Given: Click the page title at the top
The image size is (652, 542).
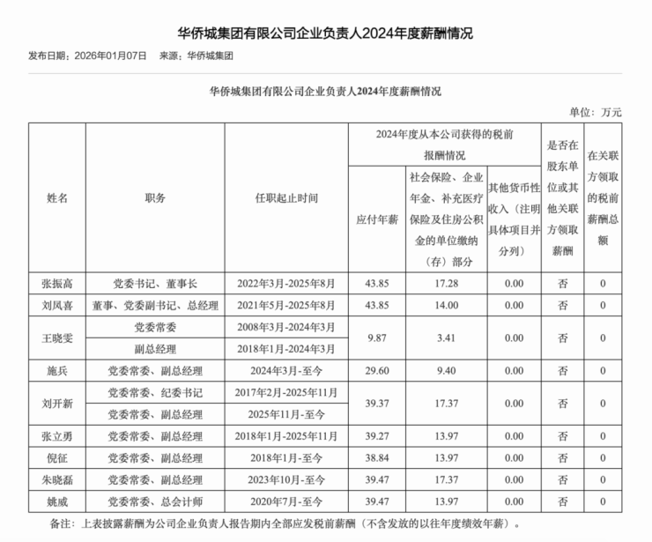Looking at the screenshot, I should click(325, 34).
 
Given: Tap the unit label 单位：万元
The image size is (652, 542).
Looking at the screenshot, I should click(596, 113).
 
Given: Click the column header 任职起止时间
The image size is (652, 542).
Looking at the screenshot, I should click(286, 198).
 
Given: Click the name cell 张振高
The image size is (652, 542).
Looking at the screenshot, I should click(57, 284).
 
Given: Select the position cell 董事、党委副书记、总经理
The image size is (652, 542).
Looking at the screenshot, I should click(155, 306).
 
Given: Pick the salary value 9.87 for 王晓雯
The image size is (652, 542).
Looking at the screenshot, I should click(376, 338).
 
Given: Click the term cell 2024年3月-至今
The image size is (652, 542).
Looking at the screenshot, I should click(286, 370).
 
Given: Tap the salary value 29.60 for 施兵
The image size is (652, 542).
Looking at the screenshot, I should click(376, 370).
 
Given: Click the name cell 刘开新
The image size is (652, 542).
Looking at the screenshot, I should click(57, 403).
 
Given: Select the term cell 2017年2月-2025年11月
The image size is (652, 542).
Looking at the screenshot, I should click(286, 392).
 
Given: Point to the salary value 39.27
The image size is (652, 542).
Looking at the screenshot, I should click(376, 435).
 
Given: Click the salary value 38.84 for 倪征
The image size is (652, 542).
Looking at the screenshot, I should click(376, 457).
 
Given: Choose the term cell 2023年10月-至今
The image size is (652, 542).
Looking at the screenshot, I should click(286, 479).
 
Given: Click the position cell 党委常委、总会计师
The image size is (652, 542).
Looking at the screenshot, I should click(155, 501).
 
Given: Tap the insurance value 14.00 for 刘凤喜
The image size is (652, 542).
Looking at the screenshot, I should click(446, 306).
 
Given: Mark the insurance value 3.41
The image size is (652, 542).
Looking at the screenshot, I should click(446, 338).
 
